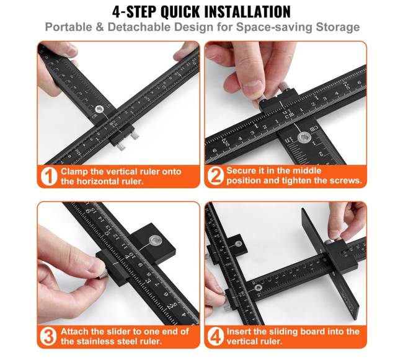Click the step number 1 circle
49,177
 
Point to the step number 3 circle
48,336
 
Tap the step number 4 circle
215,336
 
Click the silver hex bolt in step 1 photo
99,110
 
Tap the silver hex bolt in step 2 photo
304,138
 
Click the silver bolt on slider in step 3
155,240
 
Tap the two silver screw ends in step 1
128,141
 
